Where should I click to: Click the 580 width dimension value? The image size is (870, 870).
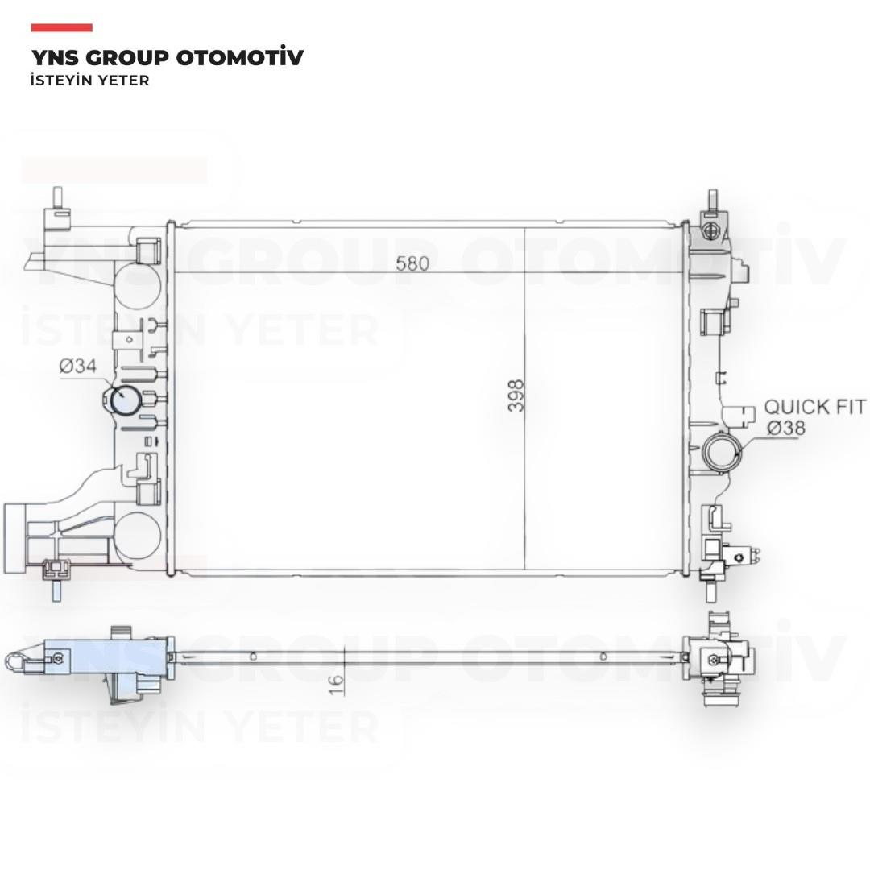click(412, 263)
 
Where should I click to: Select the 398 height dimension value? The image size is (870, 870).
click(516, 396)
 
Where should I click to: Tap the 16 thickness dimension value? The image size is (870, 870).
click(336, 684)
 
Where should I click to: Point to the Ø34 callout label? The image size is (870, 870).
click(77, 367)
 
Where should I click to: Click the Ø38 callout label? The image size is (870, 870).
click(786, 429)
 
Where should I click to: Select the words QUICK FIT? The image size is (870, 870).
click(814, 407)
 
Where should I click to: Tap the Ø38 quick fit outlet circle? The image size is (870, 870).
click(722, 452)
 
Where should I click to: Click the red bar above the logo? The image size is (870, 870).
click(61, 27)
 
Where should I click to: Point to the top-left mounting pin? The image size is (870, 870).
click(57, 198)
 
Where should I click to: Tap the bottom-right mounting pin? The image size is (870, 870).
click(710, 591)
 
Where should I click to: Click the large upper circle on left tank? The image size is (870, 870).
click(137, 285)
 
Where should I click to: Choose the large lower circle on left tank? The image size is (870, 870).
click(138, 536)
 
